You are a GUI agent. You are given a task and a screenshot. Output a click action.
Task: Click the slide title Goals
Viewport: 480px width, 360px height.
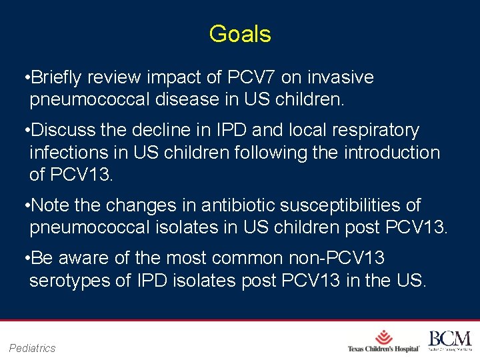click(239, 34)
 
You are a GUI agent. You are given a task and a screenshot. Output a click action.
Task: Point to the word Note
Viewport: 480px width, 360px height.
click(51, 205)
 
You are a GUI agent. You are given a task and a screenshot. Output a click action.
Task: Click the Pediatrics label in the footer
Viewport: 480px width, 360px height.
click(33, 347)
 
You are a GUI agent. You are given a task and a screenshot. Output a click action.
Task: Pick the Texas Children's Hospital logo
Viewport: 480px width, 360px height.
click(383, 341)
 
